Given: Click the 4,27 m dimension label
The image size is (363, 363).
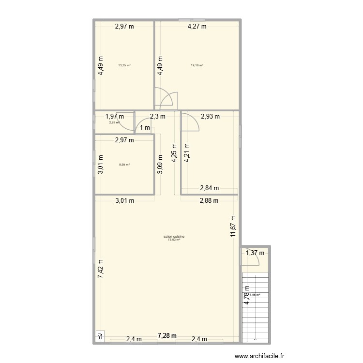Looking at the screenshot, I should pyautogui.click(x=197, y=27).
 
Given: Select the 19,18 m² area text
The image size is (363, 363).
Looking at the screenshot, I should pyautogui.click(x=197, y=65).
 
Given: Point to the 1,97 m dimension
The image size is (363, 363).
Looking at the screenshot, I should pyautogui.click(x=115, y=116).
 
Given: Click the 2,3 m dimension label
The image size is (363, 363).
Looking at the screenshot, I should pyautogui.click(x=157, y=116).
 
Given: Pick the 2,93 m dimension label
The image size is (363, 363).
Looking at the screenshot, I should pyautogui.click(x=210, y=116).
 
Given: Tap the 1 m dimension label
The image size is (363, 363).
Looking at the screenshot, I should pyautogui.click(x=145, y=128).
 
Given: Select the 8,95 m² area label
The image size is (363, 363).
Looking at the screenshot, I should pyautogui.click(x=124, y=165).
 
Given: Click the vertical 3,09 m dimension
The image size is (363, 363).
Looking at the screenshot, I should pyautogui.click(x=160, y=164).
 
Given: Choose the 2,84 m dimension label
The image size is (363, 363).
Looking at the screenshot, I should pyautogui.click(x=210, y=188).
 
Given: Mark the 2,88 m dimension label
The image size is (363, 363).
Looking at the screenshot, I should pyautogui.click(x=209, y=200).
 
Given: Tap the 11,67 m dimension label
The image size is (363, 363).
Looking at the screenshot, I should pyautogui.click(x=233, y=226).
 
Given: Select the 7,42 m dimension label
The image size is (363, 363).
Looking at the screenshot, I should pyautogui.click(x=101, y=268).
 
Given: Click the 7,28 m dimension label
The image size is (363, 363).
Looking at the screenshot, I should pyautogui.click(x=167, y=335).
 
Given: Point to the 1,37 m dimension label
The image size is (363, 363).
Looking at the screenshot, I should pyautogui.click(x=255, y=253).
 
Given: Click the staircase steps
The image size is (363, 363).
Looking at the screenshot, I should pyautogui.click(x=255, y=305).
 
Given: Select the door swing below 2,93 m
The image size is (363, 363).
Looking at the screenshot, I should pyautogui.click(x=190, y=122).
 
